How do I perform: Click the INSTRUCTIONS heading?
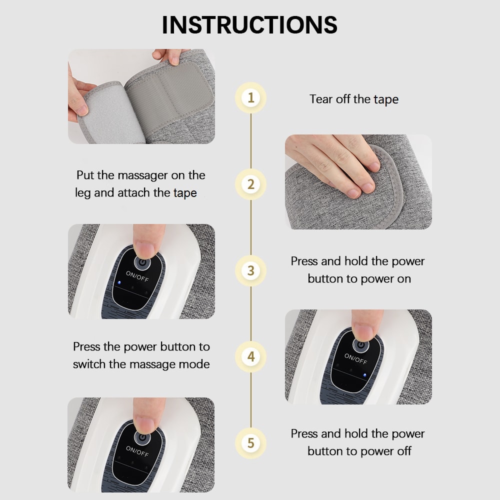point(249,25)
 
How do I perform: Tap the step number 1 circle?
point(250,97)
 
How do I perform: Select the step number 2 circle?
point(250,184)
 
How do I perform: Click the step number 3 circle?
point(250,270)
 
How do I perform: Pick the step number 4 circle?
point(250,357)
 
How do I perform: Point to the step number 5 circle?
point(250,443)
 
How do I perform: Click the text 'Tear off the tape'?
point(354,99)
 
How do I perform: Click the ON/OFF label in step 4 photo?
point(355,358)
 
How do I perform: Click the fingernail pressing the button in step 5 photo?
point(145,423)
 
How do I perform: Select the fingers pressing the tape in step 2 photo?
point(350,170)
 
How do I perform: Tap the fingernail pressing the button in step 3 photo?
point(145,248)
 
